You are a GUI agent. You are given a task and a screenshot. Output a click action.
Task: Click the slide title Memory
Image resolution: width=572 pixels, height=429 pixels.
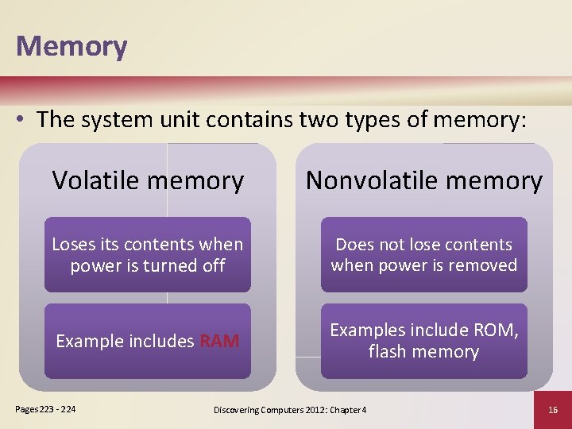coord(71,46)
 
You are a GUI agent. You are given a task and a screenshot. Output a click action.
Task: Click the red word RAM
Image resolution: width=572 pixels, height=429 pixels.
coord(219,342)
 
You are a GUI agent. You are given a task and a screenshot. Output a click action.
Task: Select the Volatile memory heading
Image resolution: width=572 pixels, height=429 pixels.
coord(148,180)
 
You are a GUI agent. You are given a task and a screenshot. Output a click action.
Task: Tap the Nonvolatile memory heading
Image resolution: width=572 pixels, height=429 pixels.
coord(423,180)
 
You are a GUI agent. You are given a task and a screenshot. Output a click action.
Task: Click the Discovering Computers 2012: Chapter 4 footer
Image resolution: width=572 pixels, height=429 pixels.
coord(290,409)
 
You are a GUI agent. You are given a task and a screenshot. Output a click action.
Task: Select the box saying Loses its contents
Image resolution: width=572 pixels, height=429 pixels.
coord(148,255)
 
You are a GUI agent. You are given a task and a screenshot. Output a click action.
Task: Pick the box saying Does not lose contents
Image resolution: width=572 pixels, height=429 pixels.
coord(423,255)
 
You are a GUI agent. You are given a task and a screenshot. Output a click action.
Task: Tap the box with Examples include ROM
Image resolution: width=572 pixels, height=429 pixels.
coord(423,341)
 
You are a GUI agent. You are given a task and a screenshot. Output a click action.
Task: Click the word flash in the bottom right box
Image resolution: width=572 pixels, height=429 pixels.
coord(388,351)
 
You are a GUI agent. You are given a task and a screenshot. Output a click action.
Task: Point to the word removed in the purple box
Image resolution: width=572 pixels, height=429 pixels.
coord(484,265)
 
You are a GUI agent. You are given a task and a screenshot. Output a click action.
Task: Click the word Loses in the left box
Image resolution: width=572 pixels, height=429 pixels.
coord(73,245)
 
